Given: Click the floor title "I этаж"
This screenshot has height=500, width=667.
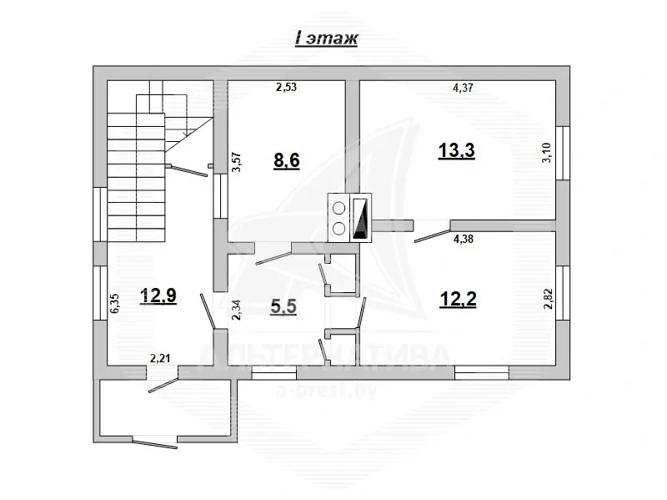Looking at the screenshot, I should tap(326, 39).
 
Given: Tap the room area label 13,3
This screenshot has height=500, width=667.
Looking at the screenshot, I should tap(456, 150).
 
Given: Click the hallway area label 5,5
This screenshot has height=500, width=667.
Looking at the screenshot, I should tap(283, 306).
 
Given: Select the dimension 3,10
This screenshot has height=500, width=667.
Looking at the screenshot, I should tap(547, 154).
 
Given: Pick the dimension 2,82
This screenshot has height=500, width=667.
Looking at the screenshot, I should tap(548, 298).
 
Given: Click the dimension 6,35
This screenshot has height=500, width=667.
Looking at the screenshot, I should tap(114, 301).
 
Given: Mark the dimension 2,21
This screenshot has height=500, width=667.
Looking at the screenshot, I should tap(160, 359).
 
